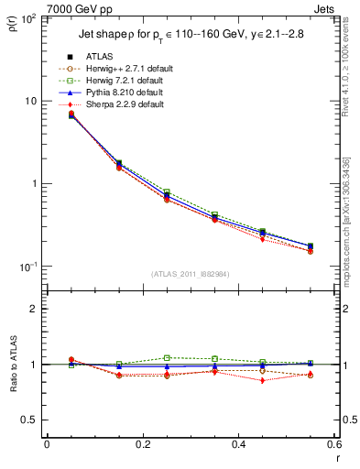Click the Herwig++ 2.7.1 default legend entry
[125, 69]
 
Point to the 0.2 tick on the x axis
[142, 445]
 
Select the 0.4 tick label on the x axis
[238, 445]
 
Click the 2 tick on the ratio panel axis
[34, 309]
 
